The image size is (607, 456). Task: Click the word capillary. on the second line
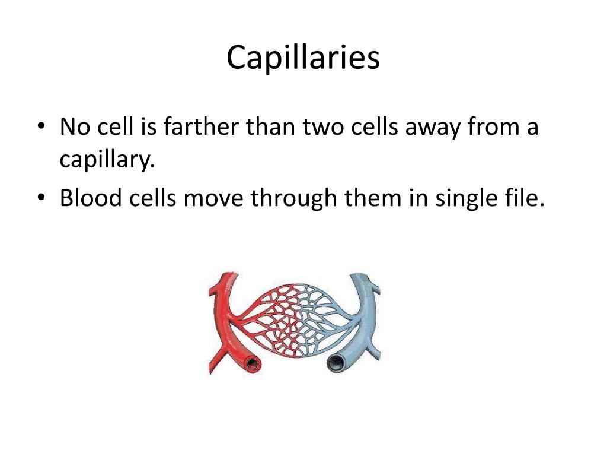[x=107, y=159]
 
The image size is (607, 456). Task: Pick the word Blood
[x=89, y=197]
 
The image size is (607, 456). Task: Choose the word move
[x=214, y=197]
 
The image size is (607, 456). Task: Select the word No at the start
[x=74, y=127]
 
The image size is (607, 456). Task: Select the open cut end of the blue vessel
[x=337, y=360]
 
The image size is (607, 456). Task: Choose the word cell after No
[x=111, y=127]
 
